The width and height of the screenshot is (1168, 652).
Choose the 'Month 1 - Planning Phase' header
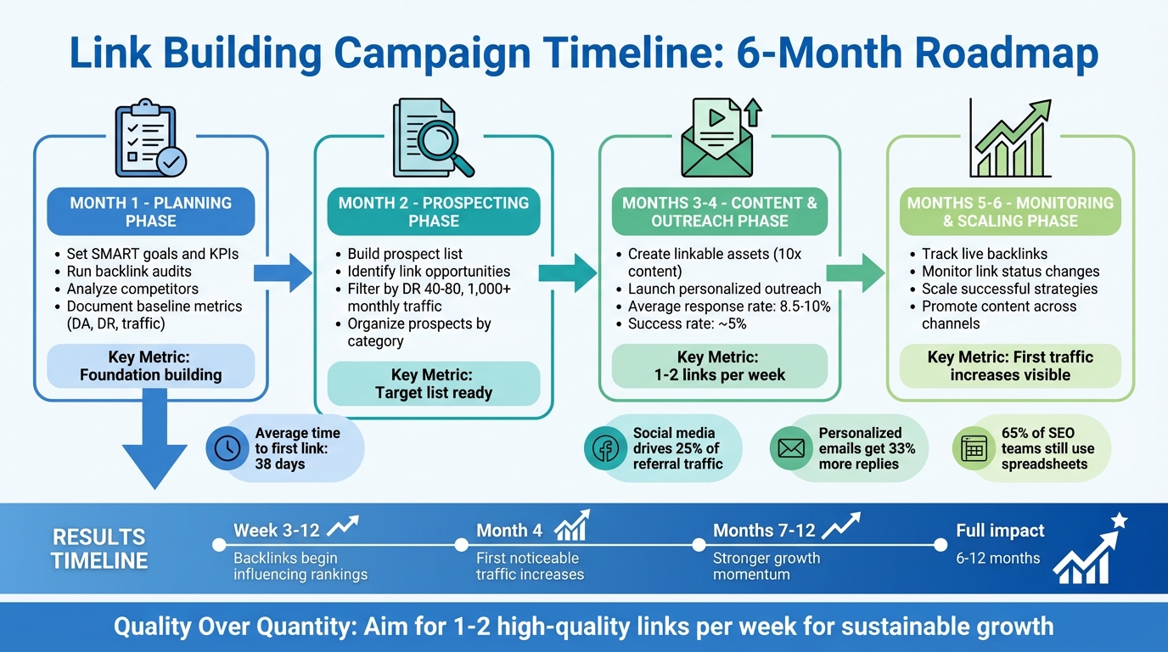(x=151, y=212)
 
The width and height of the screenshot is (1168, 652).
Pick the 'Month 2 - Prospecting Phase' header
(x=433, y=212)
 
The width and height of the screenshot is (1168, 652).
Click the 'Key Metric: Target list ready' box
(x=433, y=384)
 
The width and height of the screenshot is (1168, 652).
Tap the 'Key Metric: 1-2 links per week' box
(x=719, y=366)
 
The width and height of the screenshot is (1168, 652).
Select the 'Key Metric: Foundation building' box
(x=151, y=366)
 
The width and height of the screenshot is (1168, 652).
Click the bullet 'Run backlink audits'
(x=129, y=272)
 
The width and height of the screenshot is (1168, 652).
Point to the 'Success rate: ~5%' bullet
(x=688, y=323)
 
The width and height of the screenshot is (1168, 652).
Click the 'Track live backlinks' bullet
(x=984, y=254)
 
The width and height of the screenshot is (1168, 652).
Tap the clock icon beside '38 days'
(x=227, y=448)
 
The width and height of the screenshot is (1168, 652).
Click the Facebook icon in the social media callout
(x=605, y=448)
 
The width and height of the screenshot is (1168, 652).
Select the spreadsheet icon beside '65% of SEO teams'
(x=974, y=448)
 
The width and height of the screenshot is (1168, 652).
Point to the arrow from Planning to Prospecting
(x=282, y=272)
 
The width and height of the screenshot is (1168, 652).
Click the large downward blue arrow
(x=154, y=446)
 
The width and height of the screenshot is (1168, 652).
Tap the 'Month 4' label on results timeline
(x=509, y=531)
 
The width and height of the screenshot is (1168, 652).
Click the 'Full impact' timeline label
(x=1000, y=531)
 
